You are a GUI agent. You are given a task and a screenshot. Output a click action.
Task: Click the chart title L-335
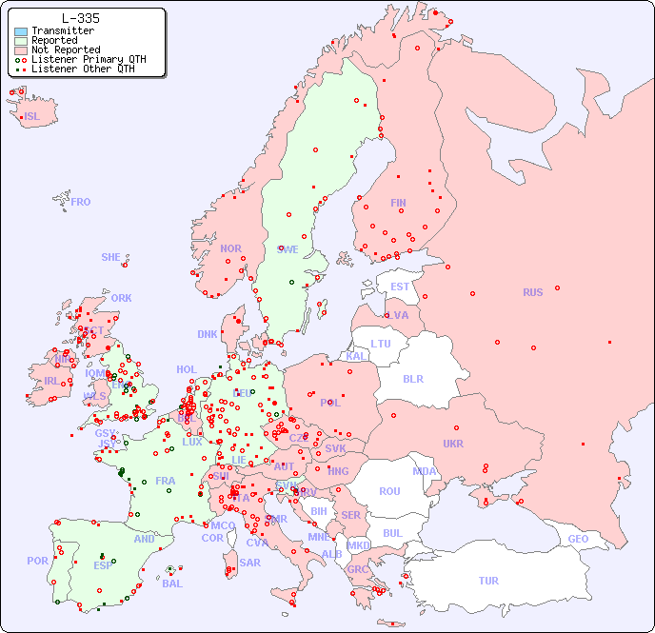tap(81, 18)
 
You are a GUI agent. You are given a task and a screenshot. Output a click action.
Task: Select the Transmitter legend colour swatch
tap(21, 30)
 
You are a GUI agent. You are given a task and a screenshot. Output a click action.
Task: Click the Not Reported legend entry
tap(65, 49)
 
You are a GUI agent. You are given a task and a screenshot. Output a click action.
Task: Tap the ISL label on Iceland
tap(32, 117)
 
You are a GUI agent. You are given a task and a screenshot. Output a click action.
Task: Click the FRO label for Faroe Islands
tap(81, 202)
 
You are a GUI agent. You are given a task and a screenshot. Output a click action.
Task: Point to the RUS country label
tap(532, 292)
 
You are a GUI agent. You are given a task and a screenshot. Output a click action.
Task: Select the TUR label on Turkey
tap(488, 581)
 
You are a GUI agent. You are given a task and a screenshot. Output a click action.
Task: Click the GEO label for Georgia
tap(578, 539)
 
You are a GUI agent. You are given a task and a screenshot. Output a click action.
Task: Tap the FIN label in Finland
tap(398, 203)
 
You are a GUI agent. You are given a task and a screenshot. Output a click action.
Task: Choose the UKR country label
tap(453, 444)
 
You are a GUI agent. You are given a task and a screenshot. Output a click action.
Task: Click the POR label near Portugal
tap(37, 561)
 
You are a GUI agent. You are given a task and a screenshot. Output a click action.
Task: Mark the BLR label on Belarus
tap(412, 378)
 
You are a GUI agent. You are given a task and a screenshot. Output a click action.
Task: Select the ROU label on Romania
tap(389, 491)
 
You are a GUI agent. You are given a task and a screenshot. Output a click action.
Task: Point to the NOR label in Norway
tap(230, 248)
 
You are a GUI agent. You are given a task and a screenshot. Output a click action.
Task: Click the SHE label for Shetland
tap(111, 257)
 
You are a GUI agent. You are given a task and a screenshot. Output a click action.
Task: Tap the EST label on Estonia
tap(400, 287)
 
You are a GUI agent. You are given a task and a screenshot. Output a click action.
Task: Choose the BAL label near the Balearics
tap(172, 584)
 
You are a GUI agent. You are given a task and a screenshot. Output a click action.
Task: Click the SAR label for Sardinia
tap(249, 563)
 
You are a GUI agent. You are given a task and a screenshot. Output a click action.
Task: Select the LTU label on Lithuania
tap(381, 344)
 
